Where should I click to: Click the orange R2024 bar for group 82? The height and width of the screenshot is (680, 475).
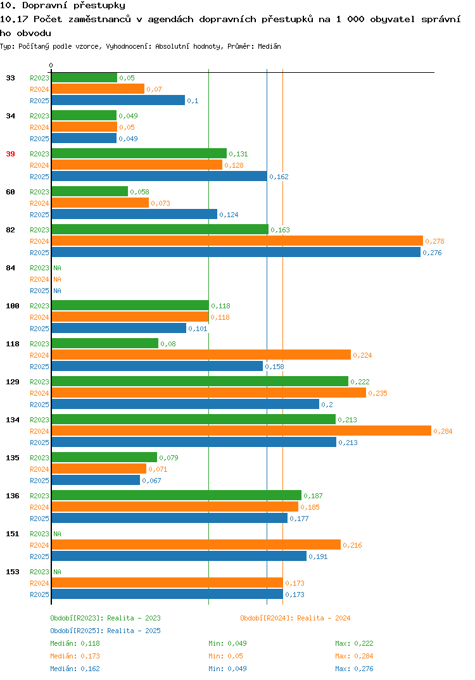click(x=237, y=241)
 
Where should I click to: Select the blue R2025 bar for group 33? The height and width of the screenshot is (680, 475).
click(x=118, y=100)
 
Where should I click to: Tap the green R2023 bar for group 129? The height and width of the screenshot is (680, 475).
click(x=200, y=381)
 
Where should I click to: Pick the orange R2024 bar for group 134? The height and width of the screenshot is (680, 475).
click(x=242, y=431)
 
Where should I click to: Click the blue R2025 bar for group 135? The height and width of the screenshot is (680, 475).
click(x=96, y=480)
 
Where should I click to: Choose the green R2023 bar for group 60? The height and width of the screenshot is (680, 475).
click(x=90, y=191)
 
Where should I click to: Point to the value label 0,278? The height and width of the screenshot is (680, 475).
click(x=434, y=241)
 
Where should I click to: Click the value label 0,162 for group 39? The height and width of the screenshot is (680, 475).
click(x=279, y=177)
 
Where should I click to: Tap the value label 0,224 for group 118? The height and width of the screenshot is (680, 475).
click(x=363, y=355)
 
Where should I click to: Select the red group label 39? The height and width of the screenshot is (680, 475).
click(x=10, y=154)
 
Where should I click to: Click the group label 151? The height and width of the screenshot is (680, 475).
click(x=13, y=534)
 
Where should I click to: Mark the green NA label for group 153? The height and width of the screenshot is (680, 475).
click(x=57, y=572)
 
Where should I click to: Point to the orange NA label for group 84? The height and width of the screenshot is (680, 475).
click(x=57, y=279)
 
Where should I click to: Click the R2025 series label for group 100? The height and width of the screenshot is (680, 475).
click(x=39, y=329)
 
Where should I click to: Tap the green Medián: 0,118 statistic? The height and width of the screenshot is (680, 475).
click(x=75, y=643)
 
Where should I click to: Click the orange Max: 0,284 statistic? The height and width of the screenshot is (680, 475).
click(x=354, y=656)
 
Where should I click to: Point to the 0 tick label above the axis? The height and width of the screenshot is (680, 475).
click(x=51, y=65)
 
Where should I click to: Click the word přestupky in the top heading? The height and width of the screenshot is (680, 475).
click(x=99, y=6)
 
